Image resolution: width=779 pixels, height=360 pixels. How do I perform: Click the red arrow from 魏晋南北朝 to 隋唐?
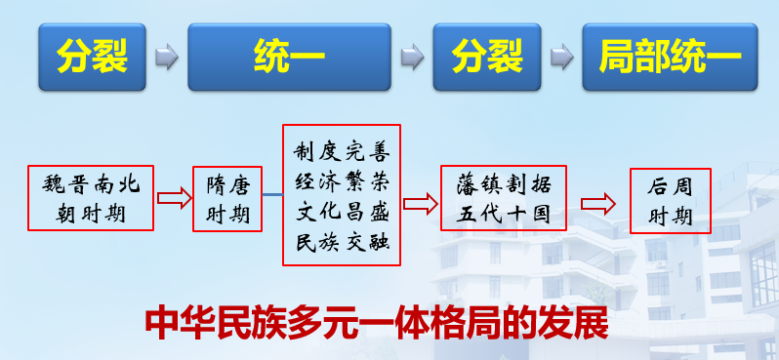173,199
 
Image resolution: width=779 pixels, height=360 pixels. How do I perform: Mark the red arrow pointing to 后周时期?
597,203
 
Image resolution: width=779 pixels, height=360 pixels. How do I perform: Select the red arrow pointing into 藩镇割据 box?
419,203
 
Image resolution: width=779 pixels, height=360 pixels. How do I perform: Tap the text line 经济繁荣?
341,180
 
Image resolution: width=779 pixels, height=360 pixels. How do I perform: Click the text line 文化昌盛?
341,210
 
